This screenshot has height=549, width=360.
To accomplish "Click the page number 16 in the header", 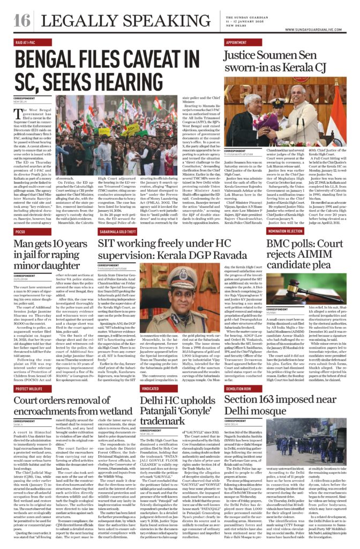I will coord(22,20).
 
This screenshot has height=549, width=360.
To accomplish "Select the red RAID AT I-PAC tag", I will coord(27,41).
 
